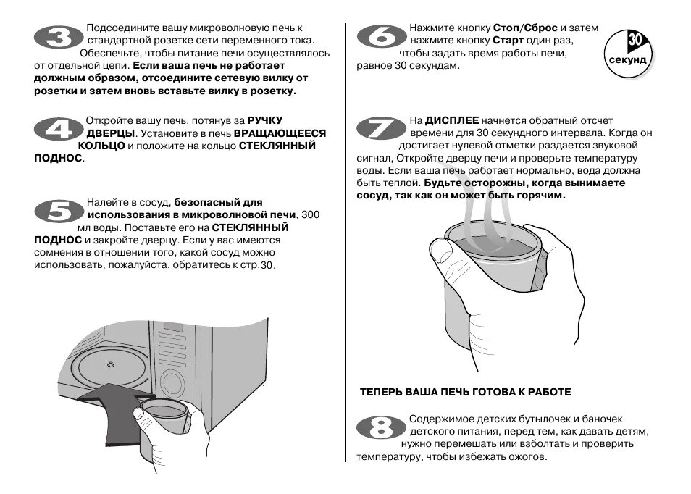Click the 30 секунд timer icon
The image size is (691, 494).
(x=627, y=51)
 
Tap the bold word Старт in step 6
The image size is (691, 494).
(x=508, y=40)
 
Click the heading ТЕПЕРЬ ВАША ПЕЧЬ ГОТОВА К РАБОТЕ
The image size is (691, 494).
(x=465, y=392)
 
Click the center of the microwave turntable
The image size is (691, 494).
(x=110, y=364)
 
